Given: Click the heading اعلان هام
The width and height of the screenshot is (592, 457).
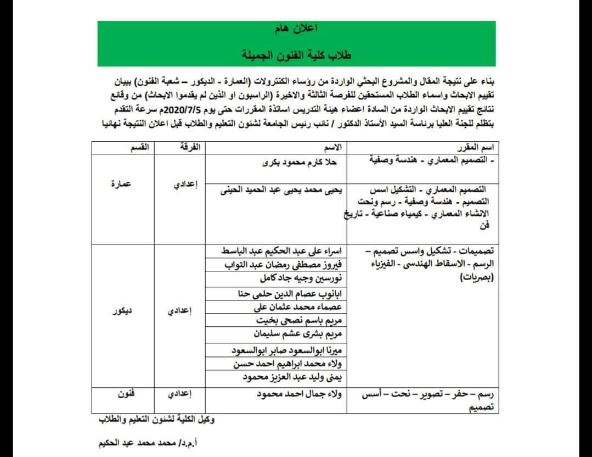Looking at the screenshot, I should click(297, 29).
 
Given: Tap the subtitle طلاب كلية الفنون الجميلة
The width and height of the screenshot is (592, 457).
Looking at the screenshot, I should click(297, 55).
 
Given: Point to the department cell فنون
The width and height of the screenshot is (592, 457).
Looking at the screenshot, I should click(126, 394).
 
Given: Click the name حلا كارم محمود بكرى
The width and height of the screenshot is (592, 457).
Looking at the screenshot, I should click(300, 163).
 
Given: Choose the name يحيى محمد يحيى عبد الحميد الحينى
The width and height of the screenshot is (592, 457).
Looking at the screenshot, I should click(281, 190).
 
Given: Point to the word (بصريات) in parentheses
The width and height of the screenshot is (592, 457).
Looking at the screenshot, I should click(476, 278).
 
